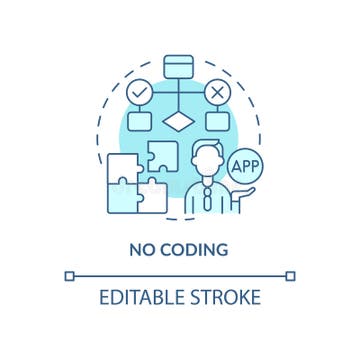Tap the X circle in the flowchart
pyautogui.click(x=217, y=93)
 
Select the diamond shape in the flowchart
pyautogui.click(x=180, y=124)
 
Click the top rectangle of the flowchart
pyautogui.click(x=180, y=66)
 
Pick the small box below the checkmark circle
pyautogui.click(x=142, y=122)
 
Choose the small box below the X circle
pyautogui.click(x=217, y=122)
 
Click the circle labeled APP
pyautogui.click(x=243, y=165)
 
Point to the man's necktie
pyautogui.click(x=207, y=196)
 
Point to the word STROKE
pyautogui.click(x=227, y=297)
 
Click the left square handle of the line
pyautogui.click(x=69, y=275)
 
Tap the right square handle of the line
pyautogui.click(x=291, y=275)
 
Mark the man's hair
pyautogui.click(x=207, y=148)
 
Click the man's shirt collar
pyautogui.click(x=207, y=183)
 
